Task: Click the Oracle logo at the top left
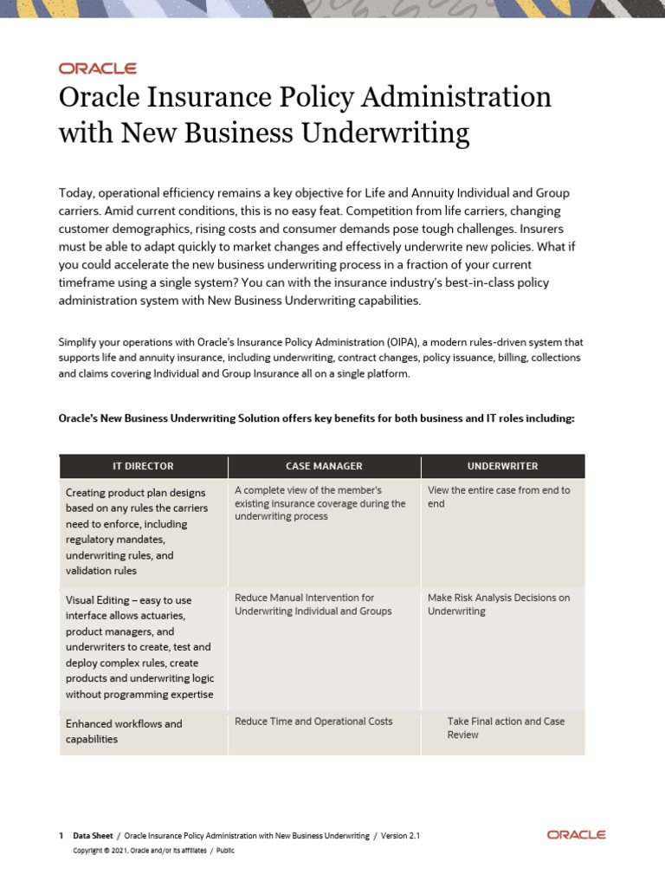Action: [97, 68]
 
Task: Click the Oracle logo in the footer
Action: [576, 835]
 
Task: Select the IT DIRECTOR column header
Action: [143, 466]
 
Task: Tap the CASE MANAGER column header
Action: [324, 466]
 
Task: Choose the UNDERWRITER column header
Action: [502, 466]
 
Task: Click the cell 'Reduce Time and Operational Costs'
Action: [313, 721]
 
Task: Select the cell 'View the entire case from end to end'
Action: [499, 496]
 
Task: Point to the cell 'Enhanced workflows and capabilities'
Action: [124, 731]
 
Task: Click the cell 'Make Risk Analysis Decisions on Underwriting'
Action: [499, 604]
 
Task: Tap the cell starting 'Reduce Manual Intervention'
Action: [313, 604]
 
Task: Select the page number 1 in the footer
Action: [61, 836]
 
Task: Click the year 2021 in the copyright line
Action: [117, 851]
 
